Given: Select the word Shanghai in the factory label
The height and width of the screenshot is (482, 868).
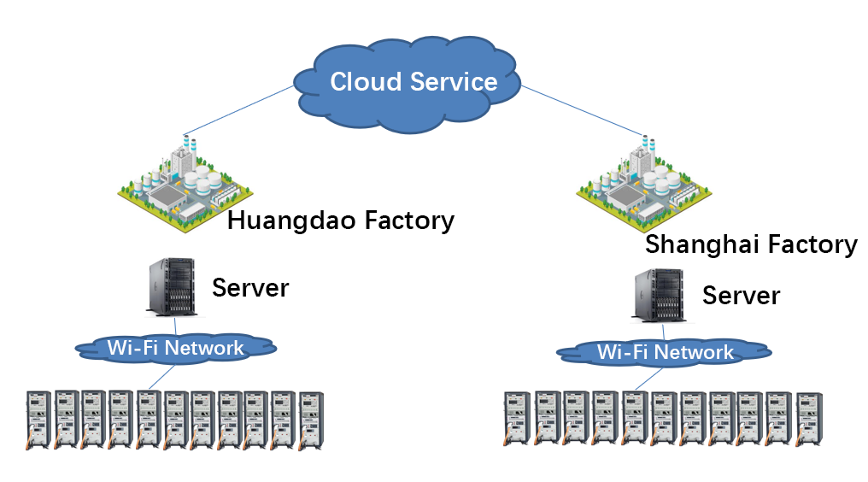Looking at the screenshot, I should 690,244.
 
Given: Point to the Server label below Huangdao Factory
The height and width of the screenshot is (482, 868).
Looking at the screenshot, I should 250,288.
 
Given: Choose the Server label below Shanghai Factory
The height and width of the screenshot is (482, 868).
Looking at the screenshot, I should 741,296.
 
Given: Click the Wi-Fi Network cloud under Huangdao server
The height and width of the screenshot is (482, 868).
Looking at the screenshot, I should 175,348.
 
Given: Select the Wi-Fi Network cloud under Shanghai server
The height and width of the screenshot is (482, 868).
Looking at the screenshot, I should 665,352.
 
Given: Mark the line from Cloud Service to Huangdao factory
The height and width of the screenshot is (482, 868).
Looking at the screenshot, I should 239,111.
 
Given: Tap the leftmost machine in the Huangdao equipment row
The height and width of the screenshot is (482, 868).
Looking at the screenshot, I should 38,420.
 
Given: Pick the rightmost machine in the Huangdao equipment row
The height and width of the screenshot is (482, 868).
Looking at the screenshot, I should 311,421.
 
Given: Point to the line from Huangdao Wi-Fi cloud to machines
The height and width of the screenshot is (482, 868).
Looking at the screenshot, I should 157,377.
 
